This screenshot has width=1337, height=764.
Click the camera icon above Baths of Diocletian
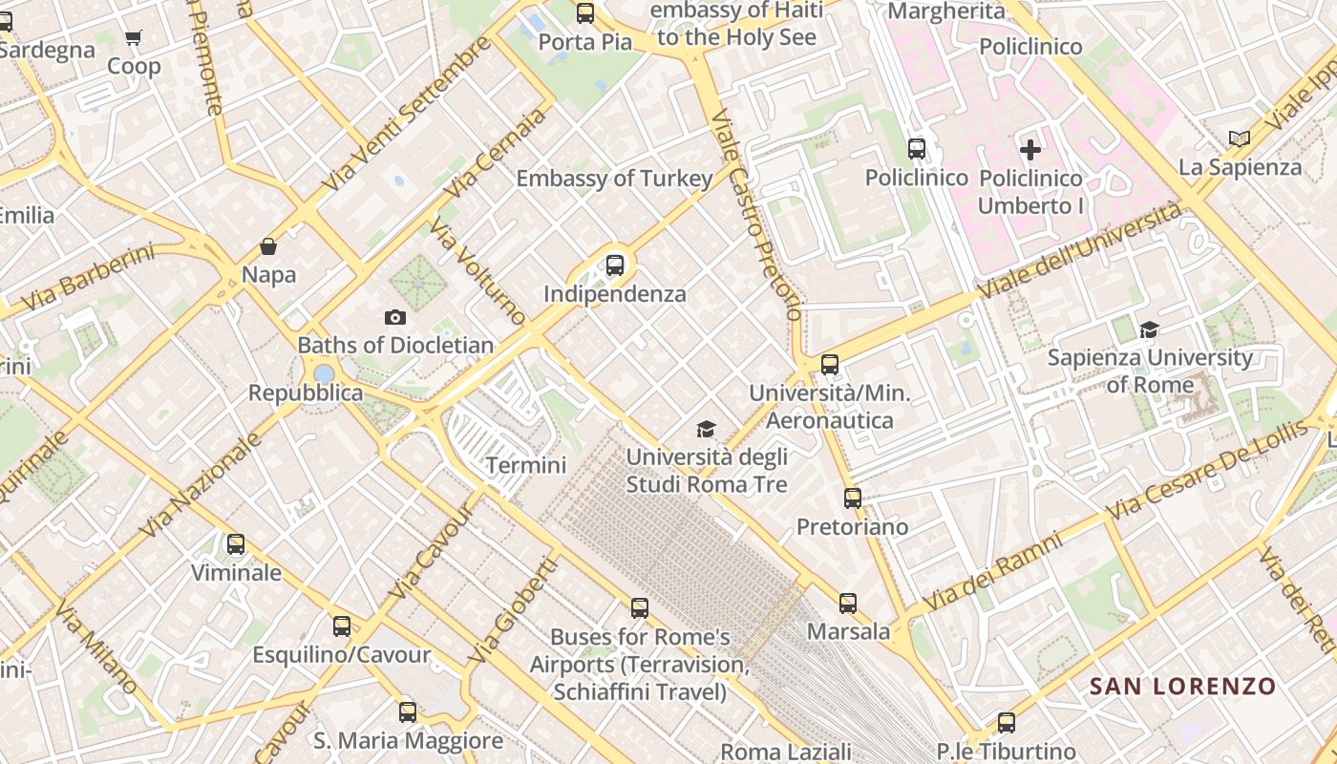tap(395, 317)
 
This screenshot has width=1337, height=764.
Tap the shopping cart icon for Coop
tap(134, 38)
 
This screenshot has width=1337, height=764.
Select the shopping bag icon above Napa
tap(268, 246)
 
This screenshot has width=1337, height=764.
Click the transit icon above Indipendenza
tap(615, 265)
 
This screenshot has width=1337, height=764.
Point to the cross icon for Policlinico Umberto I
tap(1030, 150)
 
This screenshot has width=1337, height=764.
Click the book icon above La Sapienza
tap(1240, 139)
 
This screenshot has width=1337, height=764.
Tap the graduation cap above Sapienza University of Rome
tap(1150, 329)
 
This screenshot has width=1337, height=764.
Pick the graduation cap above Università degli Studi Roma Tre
tap(706, 429)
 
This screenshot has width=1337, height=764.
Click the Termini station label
tap(526, 465)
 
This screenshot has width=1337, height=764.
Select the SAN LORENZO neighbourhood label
tap(1182, 686)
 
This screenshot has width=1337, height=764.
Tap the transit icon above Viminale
tap(236, 544)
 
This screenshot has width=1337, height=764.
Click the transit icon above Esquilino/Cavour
tap(342, 626)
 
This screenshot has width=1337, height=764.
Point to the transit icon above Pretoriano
tap(853, 498)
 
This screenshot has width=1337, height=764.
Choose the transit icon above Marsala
tap(848, 603)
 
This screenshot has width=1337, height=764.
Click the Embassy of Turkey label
tap(614, 179)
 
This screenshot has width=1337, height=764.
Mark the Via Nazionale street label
tap(201, 484)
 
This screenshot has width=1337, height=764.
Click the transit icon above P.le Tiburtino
tap(1007, 723)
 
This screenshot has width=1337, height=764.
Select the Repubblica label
tap(306, 393)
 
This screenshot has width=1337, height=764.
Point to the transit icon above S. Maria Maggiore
tap(408, 711)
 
